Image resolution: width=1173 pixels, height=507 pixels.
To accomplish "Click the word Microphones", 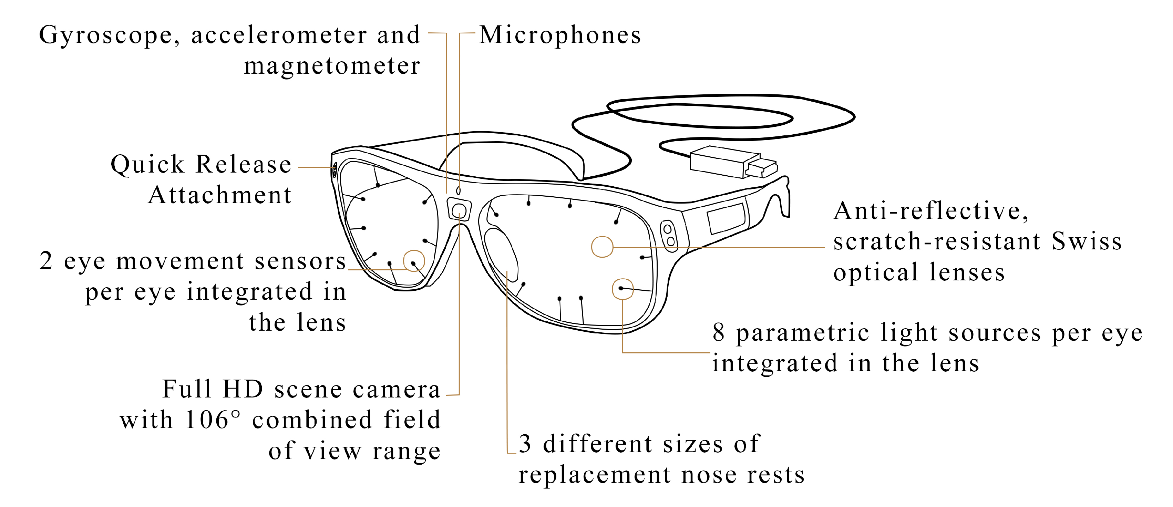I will coord(560,35).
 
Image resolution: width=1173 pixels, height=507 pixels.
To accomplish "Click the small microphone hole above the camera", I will coord(459,191).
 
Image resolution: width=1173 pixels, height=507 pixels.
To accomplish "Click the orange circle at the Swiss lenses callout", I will coord(602,247).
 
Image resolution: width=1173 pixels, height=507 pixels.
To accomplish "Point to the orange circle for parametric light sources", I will coord(622,289).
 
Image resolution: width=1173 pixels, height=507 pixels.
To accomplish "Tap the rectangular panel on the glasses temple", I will coord(726,218).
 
